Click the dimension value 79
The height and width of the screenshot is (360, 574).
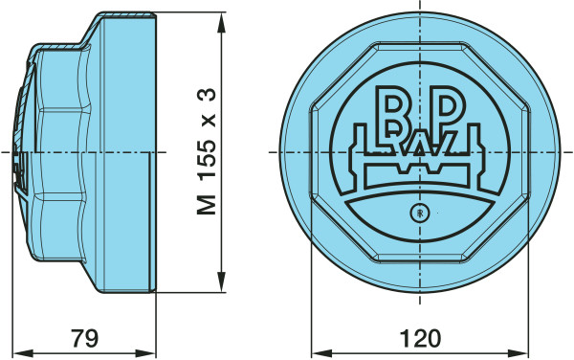[84, 338]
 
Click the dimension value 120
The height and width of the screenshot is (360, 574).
[420, 338]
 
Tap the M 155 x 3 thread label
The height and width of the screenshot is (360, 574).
[207, 151]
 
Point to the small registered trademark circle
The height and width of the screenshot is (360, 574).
[420, 213]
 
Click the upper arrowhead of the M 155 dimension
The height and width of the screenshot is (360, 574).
[221, 23]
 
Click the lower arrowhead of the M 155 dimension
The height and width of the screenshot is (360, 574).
[221, 282]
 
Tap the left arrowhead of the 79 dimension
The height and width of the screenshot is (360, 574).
[23, 353]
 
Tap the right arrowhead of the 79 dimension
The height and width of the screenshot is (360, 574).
[145, 353]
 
